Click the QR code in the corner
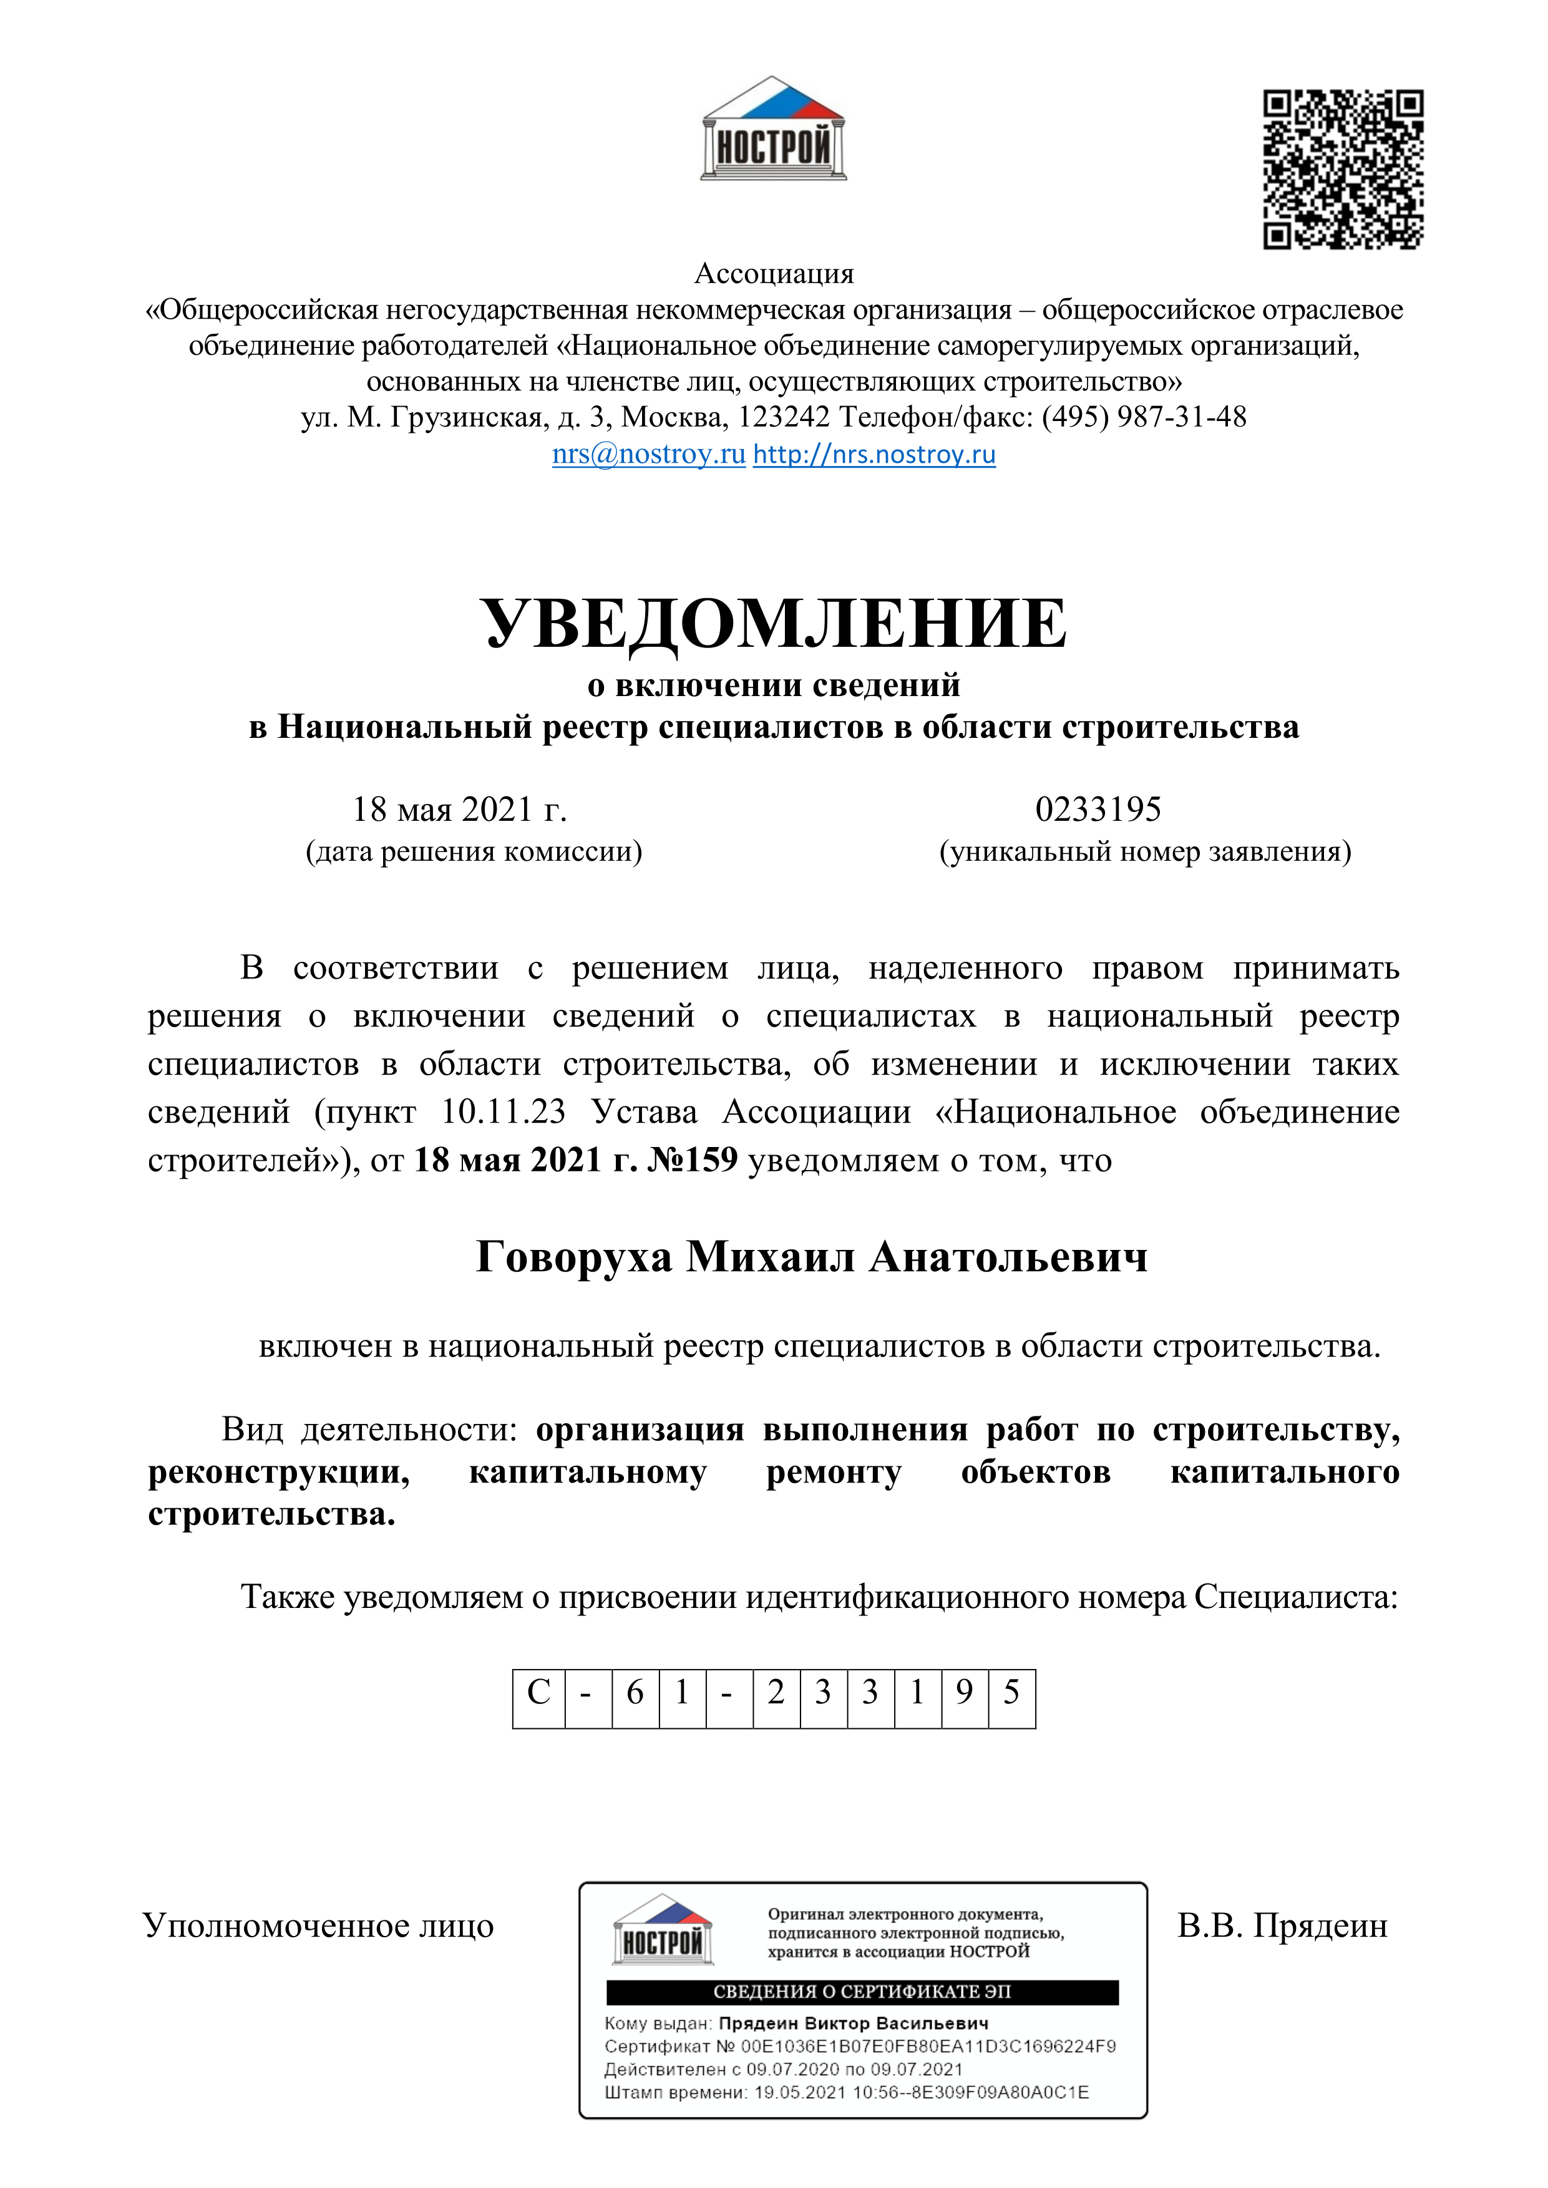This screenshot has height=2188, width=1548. (x=1343, y=170)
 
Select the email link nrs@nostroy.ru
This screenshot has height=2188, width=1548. (x=648, y=455)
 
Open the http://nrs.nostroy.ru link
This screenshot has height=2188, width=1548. (x=874, y=455)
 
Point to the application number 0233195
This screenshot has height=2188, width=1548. (x=1098, y=809)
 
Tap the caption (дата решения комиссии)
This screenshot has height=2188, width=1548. (x=474, y=851)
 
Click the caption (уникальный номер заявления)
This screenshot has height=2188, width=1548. (x=1145, y=851)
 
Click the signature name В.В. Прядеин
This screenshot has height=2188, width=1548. (x=1282, y=1926)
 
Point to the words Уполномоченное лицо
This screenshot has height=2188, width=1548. (x=318, y=1926)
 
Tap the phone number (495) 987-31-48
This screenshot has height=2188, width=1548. (x=1144, y=417)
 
